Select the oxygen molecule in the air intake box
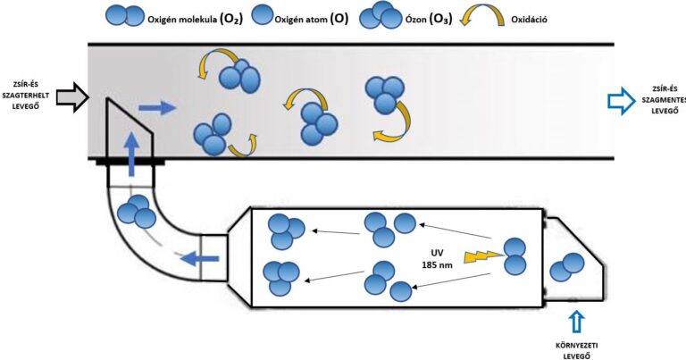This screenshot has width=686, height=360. click(x=567, y=265)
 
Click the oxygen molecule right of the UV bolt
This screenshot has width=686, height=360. click(x=515, y=256)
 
